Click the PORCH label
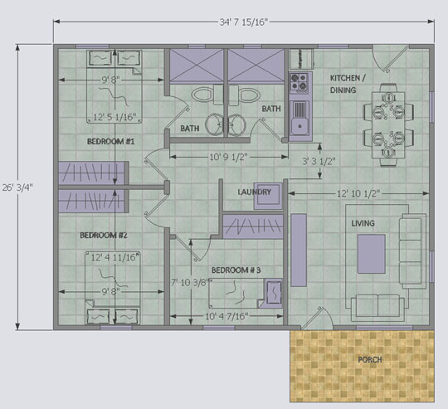click(x=370, y=359)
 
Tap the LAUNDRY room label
click(x=255, y=192)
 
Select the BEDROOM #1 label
click(x=110, y=141)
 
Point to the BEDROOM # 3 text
click(x=236, y=270)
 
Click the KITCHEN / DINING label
click(x=348, y=84)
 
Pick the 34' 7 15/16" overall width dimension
click(x=244, y=22)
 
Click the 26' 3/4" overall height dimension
click(x=17, y=187)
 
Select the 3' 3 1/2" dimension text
click(x=319, y=162)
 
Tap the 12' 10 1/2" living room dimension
click(x=358, y=193)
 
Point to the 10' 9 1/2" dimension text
click(x=228, y=157)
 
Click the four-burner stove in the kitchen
click(x=299, y=83)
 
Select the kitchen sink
click(x=299, y=120)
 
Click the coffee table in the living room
click(x=372, y=254)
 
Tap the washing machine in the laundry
click(x=268, y=196)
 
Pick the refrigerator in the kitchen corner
click(x=302, y=59)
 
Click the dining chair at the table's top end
click(x=388, y=88)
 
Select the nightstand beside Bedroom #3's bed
click(x=274, y=293)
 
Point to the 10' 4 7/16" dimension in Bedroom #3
click(x=226, y=316)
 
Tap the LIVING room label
click(x=363, y=223)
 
